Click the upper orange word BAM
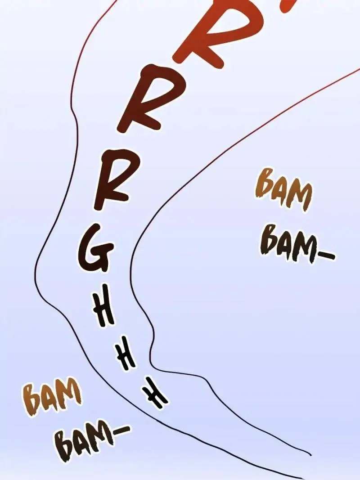point(283,189)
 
